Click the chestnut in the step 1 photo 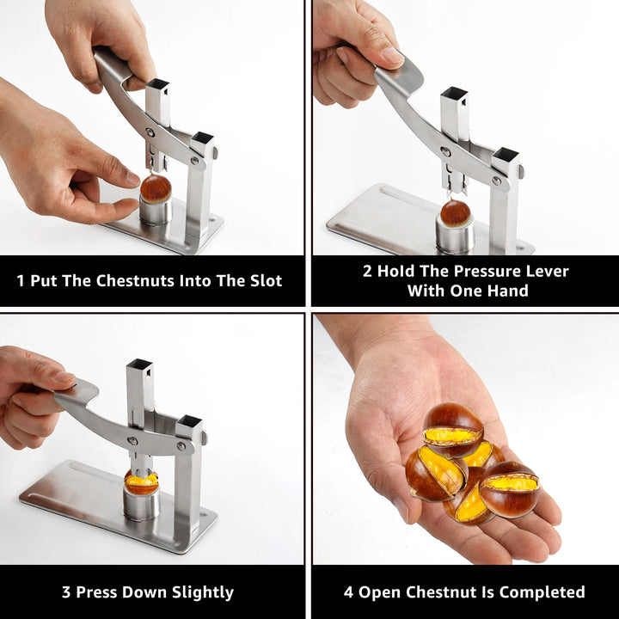point(156,188)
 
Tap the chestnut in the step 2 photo point(455,213)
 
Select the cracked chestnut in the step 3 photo point(141,482)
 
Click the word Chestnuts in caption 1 point(135,280)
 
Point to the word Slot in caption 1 point(266,280)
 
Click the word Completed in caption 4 point(542,592)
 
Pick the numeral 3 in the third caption point(66,592)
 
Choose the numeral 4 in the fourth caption point(348,592)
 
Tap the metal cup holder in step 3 point(141,503)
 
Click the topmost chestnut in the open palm point(453,430)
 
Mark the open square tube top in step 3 point(139,364)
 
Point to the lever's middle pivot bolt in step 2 point(445,151)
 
